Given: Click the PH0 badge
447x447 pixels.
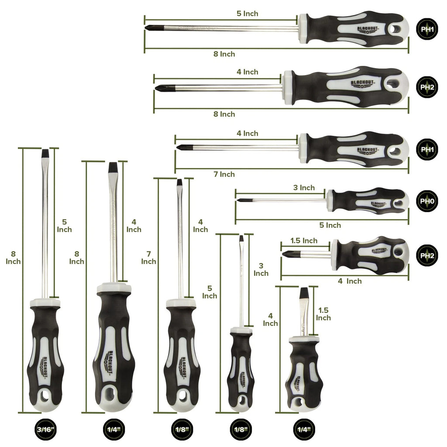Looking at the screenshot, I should pos(426,201).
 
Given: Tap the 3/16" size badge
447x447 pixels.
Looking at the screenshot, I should pos(46,430).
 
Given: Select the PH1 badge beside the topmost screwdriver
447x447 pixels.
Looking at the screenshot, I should pos(426,30).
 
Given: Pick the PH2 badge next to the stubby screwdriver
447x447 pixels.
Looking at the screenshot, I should pos(426,256).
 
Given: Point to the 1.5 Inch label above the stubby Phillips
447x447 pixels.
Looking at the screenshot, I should pos(304,241).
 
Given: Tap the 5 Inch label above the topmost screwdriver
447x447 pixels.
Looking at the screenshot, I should pos(247,14).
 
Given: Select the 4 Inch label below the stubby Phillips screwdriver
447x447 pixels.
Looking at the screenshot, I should pos(350,281).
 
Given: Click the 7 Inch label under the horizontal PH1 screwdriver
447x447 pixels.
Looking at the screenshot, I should pos(224,174).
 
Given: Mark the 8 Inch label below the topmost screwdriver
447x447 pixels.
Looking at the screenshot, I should pos(224,54).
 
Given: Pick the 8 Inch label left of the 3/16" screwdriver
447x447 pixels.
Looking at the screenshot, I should pos(13,257).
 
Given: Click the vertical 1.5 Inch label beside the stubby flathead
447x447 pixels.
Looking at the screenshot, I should pos(323,314).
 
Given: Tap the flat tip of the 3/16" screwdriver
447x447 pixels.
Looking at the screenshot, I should pos(45,153).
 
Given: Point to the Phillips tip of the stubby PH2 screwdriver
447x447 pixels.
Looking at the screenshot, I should pos(285,253).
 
